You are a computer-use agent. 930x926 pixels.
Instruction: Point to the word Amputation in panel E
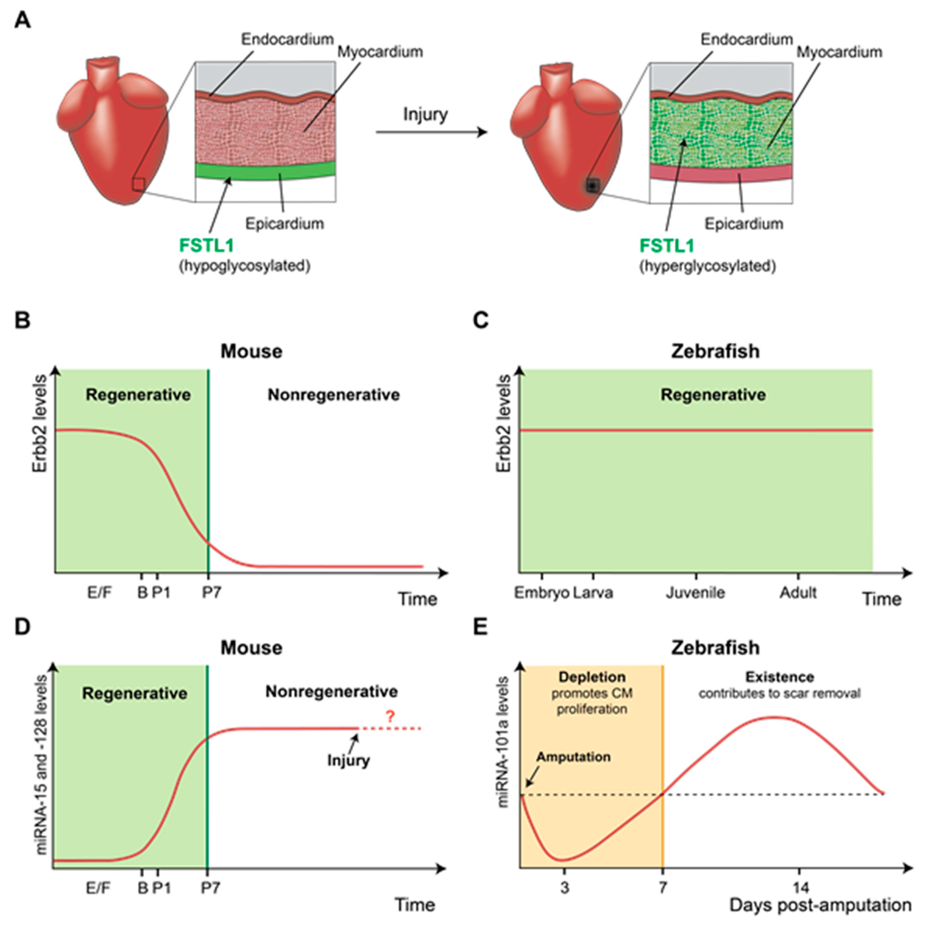(x=573, y=757)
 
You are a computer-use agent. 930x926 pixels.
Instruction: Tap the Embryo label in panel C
(x=542, y=593)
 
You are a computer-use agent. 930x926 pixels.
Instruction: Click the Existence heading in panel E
(x=780, y=677)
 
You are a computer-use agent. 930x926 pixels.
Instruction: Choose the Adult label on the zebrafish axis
(x=798, y=593)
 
